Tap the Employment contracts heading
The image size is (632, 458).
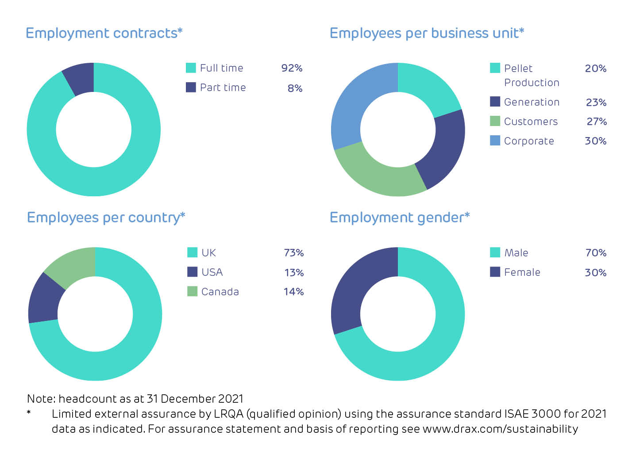pyautogui.click(x=104, y=33)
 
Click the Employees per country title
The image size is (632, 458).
pyautogui.click(x=106, y=218)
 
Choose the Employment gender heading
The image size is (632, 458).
pyautogui.click(x=399, y=218)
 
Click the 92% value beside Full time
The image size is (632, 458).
pyautogui.click(x=292, y=68)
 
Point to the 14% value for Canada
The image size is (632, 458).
pyautogui.click(x=293, y=292)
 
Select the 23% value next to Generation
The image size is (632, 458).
pyautogui.click(x=596, y=102)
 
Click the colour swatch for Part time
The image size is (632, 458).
pyautogui.click(x=191, y=87)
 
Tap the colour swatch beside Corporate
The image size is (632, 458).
pyautogui.click(x=495, y=141)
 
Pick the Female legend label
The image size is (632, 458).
pyautogui.click(x=522, y=272)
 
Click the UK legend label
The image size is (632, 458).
pyautogui.click(x=208, y=253)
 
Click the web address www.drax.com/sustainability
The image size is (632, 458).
pyautogui.click(x=500, y=429)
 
